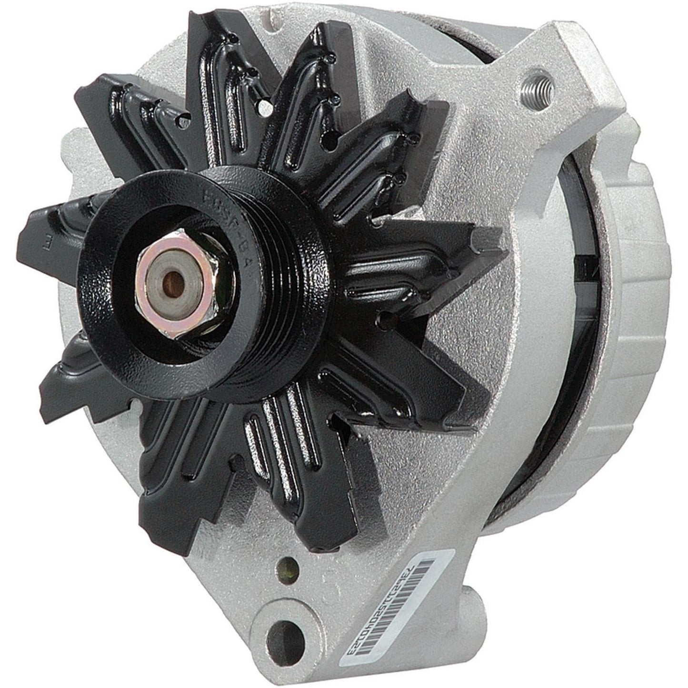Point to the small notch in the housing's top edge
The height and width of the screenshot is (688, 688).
[267, 14]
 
